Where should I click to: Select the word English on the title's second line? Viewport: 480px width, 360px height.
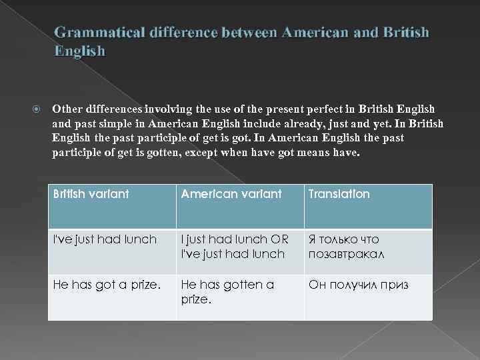coord(79,51)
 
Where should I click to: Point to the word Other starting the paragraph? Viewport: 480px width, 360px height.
coord(67,109)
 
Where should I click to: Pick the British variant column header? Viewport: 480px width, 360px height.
coord(91,194)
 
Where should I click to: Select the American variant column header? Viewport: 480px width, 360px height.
coord(231,194)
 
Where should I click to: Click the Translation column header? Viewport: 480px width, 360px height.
coord(339,194)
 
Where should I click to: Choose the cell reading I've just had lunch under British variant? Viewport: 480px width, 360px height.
coord(105,239)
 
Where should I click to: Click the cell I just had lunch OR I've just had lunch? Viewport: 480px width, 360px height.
coord(234,247)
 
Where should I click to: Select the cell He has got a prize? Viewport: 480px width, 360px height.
coord(107,285)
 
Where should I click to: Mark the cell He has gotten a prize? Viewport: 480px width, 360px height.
coord(227,292)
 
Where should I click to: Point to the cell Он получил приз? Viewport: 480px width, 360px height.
coord(358,285)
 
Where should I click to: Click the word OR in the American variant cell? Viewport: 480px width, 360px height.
coord(279,239)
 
